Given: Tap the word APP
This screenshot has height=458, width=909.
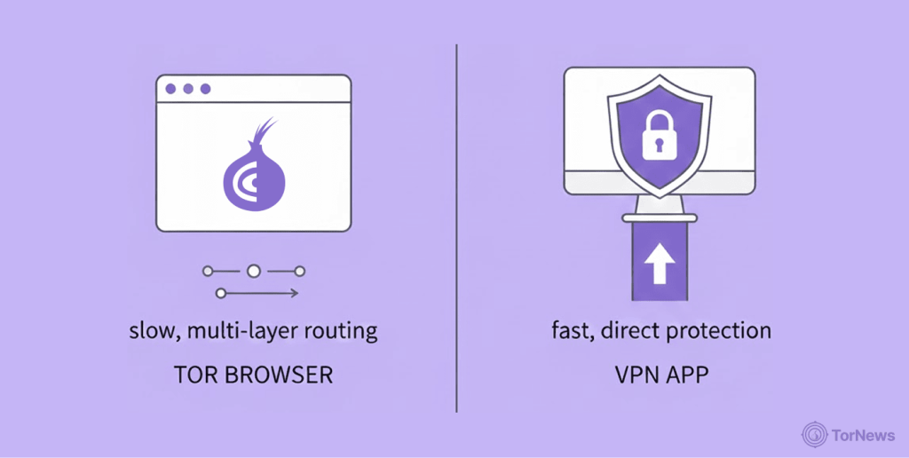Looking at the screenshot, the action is coord(687,375).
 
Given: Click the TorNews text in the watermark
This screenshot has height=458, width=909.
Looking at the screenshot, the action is coord(864,436).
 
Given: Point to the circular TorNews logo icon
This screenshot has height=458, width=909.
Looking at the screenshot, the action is coord(815,435).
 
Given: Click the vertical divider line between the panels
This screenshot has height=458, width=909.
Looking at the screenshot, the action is coord(457,228).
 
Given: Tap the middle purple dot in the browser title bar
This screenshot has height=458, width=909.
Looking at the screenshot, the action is coord(188,89).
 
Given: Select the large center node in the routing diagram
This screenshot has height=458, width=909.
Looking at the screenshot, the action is coord(253,271).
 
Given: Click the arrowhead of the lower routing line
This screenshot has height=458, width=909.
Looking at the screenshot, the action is coord(294,294).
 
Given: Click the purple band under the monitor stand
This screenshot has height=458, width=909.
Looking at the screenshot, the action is coord(660,262).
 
